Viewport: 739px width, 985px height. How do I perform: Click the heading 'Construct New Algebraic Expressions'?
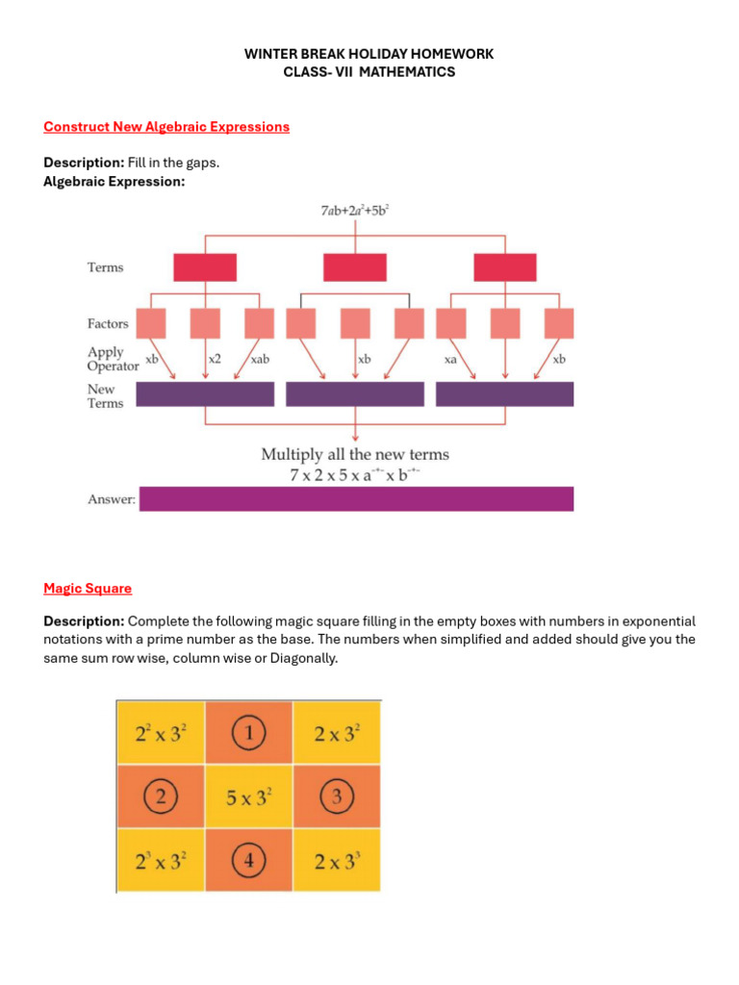(166, 127)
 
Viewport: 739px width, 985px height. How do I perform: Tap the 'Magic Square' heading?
(88, 589)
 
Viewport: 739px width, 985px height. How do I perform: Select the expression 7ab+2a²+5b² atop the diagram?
(355, 209)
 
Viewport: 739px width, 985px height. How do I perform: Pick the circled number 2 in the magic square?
(160, 796)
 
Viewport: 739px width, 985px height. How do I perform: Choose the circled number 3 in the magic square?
(337, 796)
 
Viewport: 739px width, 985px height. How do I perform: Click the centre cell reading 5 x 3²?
(248, 796)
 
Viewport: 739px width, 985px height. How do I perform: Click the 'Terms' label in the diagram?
(106, 267)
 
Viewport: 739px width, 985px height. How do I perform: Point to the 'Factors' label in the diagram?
(108, 324)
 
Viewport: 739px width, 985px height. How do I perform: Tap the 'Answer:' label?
(112, 499)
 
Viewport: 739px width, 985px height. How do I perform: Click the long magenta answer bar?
(356, 498)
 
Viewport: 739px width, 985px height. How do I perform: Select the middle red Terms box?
(355, 267)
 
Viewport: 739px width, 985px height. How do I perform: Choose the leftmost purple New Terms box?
(205, 394)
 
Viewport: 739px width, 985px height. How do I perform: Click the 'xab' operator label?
(260, 359)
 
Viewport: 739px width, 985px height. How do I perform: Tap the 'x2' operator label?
(214, 359)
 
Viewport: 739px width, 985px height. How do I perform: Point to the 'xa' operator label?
(449, 359)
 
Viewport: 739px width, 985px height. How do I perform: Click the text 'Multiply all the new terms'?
(355, 454)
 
